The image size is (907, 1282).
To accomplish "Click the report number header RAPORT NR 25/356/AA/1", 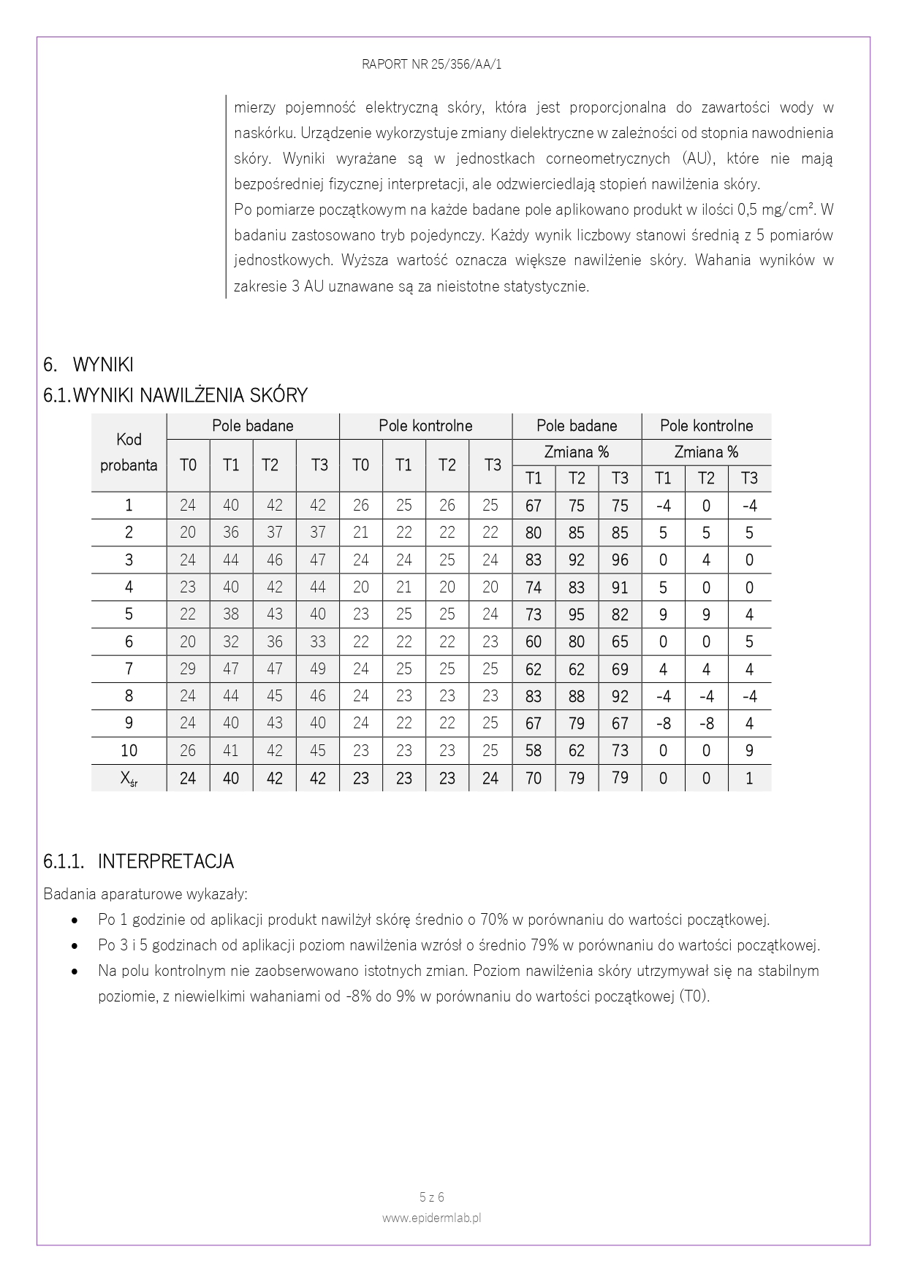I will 431,64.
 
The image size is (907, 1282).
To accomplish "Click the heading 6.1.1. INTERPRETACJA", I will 139,861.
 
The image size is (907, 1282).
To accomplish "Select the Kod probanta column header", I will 129,452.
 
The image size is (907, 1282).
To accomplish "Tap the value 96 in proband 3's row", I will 620,560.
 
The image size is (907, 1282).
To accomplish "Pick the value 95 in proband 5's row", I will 577,615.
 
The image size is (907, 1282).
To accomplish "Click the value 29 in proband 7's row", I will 188,669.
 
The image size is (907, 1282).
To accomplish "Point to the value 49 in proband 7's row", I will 318,669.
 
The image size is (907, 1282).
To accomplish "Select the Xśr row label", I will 129,779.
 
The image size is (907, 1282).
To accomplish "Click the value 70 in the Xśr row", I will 534,779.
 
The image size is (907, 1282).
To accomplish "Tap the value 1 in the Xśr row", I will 749,779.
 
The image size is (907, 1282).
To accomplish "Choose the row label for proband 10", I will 129,751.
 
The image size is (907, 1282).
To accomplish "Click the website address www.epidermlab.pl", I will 431,1218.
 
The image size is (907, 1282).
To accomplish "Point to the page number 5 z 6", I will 431,1197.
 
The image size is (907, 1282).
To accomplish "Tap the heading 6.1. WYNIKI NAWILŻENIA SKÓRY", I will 175,395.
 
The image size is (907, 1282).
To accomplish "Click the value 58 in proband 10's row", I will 534,751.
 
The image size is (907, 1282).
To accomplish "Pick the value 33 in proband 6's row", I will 318,642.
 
